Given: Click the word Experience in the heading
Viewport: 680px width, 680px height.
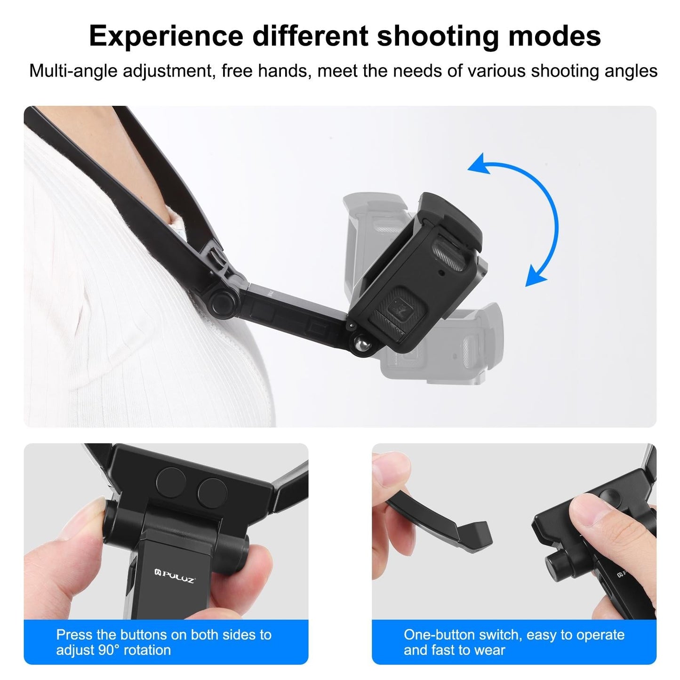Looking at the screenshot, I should point(166,36).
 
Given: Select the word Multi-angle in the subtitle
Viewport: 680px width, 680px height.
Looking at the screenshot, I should point(72,71).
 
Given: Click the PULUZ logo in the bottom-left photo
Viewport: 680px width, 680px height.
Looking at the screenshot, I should point(175,576).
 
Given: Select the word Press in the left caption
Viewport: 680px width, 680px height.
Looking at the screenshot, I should point(74,635).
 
